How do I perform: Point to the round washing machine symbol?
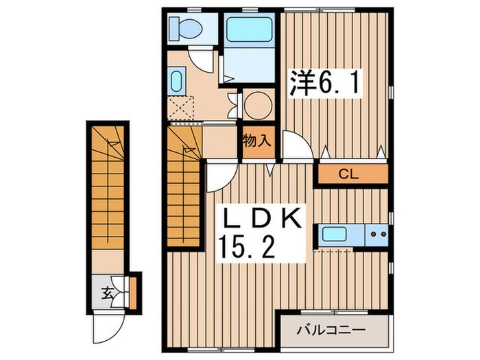tap(258, 106)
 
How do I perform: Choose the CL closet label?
tap(350, 174)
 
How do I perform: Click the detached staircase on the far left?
tap(107, 192)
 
